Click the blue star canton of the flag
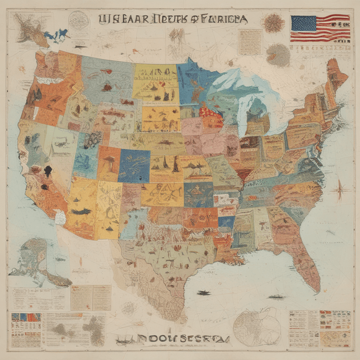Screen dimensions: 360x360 [304, 24]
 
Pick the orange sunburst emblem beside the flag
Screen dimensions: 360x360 [274, 23]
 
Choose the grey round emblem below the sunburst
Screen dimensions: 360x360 [277, 55]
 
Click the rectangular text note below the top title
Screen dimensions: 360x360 [249, 42]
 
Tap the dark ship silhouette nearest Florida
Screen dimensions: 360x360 [276, 296]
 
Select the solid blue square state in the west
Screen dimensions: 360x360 [134, 165]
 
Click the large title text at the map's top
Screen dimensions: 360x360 [172, 19]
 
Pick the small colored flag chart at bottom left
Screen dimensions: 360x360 [26, 321]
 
